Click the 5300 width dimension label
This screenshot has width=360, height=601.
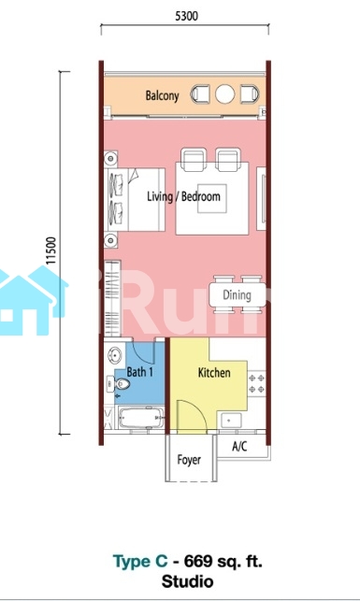click(x=186, y=16)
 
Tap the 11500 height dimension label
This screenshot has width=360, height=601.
click(x=51, y=250)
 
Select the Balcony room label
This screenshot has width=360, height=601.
click(x=162, y=95)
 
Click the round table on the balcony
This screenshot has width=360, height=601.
click(x=224, y=93)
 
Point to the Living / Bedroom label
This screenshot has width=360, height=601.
click(x=183, y=196)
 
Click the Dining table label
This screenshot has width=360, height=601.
click(x=237, y=294)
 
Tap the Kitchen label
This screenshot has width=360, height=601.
click(x=214, y=373)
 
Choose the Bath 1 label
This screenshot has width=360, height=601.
click(x=139, y=372)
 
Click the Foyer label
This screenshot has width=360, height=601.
click(x=189, y=460)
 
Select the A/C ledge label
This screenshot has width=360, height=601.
click(x=239, y=446)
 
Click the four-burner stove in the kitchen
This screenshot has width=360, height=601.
click(x=257, y=383)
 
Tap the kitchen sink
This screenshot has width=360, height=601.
click(x=229, y=421)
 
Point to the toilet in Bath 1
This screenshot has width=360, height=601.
click(x=119, y=383)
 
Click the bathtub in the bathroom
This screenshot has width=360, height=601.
click(x=141, y=418)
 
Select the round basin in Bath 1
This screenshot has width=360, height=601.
click(x=114, y=355)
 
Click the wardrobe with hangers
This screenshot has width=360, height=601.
click(x=112, y=298)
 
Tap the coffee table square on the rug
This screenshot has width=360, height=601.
click(x=212, y=198)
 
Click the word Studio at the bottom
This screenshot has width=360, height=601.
click(x=187, y=581)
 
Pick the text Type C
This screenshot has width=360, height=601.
click(x=140, y=562)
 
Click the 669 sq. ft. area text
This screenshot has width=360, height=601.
click(x=223, y=562)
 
